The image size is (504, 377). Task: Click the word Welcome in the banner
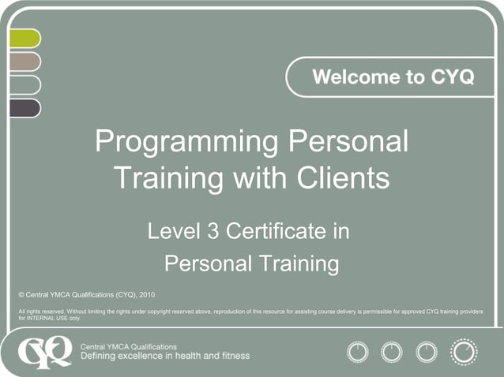click(352, 77)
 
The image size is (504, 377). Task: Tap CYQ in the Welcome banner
click(453, 77)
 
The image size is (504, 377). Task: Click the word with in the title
click(264, 177)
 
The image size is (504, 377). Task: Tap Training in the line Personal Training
click(294, 263)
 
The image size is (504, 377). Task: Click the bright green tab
click(24, 38)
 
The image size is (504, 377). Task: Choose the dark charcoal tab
click(24, 108)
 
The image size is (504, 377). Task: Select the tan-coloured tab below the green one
click(24, 62)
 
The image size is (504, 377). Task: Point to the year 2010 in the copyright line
click(146, 294)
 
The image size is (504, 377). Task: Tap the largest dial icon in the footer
click(463, 351)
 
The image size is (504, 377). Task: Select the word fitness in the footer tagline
click(233, 356)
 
